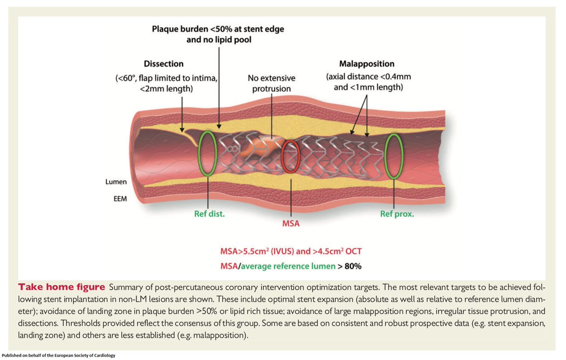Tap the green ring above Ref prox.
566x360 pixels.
[x=393, y=157]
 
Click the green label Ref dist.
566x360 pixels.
[x=209, y=214]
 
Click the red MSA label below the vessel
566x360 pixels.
[x=291, y=223]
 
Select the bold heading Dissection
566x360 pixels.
[x=164, y=64]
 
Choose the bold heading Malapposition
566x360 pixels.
[x=367, y=64]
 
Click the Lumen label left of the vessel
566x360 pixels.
[x=116, y=182]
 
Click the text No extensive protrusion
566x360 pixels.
[x=271, y=83]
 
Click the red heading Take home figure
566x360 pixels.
[x=61, y=287]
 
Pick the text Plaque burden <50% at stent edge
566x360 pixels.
[x=218, y=29]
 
